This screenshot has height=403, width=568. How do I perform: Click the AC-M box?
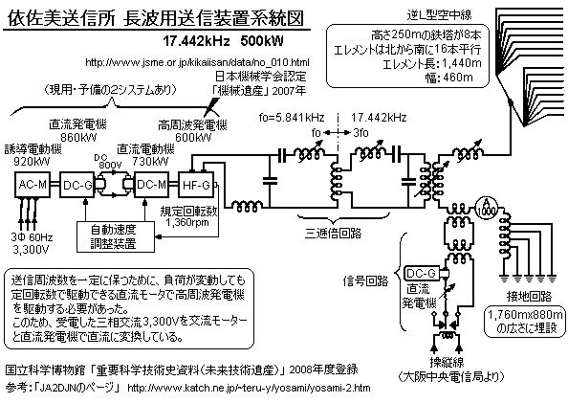pos(33,185)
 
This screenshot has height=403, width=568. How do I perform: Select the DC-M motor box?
pos(151,185)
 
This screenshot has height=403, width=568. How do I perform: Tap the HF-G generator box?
pos(196,185)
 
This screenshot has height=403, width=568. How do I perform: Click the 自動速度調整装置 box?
pos(116,236)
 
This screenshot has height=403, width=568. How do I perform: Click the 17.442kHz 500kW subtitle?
pos(223,41)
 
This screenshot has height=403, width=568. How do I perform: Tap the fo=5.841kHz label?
pos(292,118)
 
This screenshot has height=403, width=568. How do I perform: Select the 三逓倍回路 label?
pos(333,233)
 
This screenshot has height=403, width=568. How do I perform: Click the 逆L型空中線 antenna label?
pos(439,14)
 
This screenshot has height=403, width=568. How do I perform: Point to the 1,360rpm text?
pos(187,222)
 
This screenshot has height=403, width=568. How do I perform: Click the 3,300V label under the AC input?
pos(31,250)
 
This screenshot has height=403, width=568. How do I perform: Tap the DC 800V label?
pos(108,162)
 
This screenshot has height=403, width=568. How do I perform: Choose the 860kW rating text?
pos(79,137)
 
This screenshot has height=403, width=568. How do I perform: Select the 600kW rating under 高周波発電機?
pos(193,138)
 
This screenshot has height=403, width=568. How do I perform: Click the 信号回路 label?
pos(366,280)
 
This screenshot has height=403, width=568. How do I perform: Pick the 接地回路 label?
pos(529,297)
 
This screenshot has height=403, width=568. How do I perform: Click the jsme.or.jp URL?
pos(197,62)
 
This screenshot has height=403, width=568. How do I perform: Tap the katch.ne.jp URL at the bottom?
pos(249,388)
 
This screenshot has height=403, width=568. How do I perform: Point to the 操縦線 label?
pos(447,362)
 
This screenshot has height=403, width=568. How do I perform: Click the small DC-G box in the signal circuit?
pos(422,273)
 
